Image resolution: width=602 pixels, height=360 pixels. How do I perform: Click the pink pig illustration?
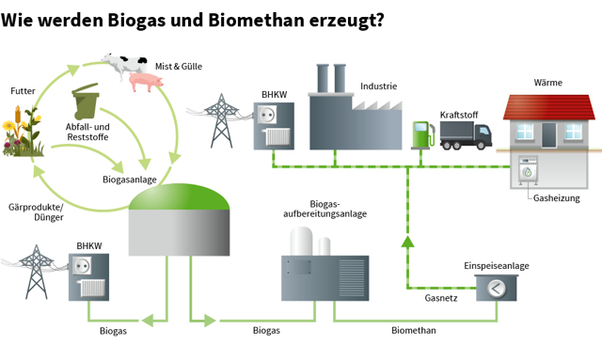click(146, 83)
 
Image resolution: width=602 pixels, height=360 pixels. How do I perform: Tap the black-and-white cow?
click(123, 65)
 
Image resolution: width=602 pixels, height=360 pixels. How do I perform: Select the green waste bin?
click(87, 104)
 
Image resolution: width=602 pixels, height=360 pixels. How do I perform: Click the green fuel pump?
click(420, 133)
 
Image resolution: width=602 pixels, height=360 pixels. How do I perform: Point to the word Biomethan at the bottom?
click(413, 331)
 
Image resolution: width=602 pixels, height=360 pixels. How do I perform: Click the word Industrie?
click(378, 86)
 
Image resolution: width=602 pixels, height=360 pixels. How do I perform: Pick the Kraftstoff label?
click(459, 115)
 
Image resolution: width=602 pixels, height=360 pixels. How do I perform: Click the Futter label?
click(23, 91)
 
